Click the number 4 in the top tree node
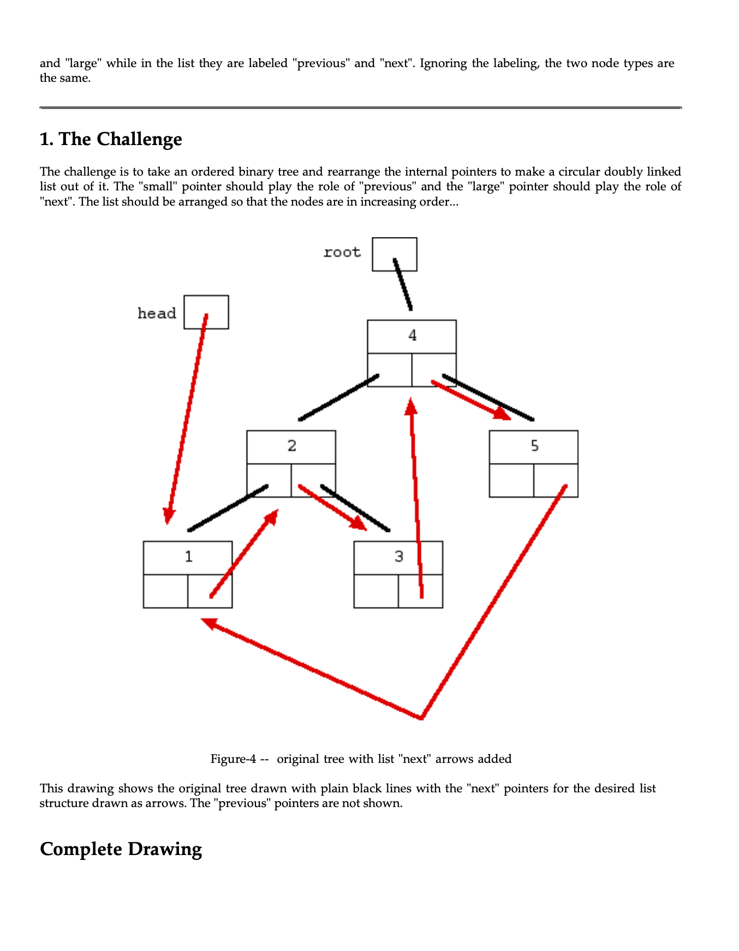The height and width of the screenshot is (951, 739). pyautogui.click(x=412, y=335)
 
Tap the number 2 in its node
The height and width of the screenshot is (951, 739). pyautogui.click(x=291, y=446)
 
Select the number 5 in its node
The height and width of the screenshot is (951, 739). pyautogui.click(x=534, y=446)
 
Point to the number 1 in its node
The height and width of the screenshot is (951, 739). pyautogui.click(x=188, y=557)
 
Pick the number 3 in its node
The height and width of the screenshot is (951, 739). pyautogui.click(x=398, y=557)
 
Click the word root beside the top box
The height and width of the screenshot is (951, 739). pyautogui.click(x=342, y=252)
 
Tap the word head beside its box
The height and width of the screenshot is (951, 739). pyautogui.click(x=157, y=314)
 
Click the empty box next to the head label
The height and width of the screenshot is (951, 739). pyautogui.click(x=206, y=312)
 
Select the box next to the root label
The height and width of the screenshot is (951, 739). pyautogui.click(x=395, y=254)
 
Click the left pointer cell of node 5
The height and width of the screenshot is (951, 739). pyautogui.click(x=511, y=480)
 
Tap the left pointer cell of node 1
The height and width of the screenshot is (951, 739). pyautogui.click(x=165, y=591)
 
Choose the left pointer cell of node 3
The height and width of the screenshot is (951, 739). pyautogui.click(x=376, y=591)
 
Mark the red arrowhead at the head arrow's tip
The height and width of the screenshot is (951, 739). pyautogui.click(x=169, y=515)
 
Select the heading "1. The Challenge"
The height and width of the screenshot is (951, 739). pyautogui.click(x=111, y=139)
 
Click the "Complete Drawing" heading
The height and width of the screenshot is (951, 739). pyautogui.click(x=121, y=849)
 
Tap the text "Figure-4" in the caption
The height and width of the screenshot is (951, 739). pyautogui.click(x=233, y=759)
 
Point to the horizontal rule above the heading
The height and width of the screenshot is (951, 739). pyautogui.click(x=360, y=108)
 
